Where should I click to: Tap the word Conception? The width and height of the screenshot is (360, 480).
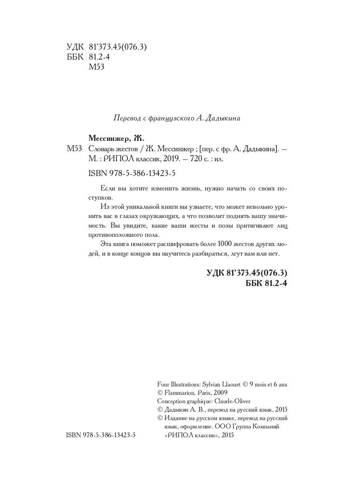(x=171, y=401)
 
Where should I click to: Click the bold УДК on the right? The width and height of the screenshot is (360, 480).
(x=216, y=273)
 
